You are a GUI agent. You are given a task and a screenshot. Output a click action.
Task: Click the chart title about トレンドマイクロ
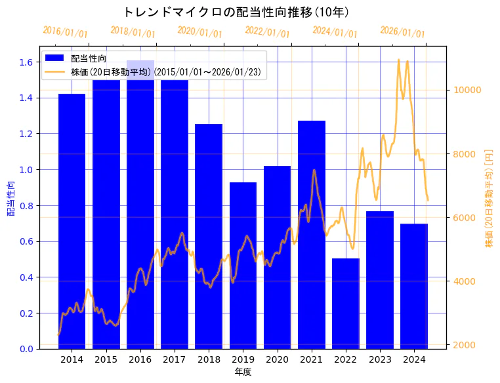tap(236, 12)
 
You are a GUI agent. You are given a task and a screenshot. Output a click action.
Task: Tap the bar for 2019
tap(243, 265)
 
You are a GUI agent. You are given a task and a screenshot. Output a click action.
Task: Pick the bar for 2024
tap(414, 286)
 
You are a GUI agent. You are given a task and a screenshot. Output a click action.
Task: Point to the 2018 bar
tap(209, 236)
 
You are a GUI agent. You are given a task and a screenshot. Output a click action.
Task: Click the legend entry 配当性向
tap(89, 58)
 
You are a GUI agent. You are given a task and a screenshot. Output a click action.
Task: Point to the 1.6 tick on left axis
tap(27, 62)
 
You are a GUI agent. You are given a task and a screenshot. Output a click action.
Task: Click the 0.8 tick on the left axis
tap(27, 206)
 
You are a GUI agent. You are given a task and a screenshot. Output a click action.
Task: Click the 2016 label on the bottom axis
tap(140, 359)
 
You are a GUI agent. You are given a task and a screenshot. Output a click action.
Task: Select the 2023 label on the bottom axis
tap(380, 359)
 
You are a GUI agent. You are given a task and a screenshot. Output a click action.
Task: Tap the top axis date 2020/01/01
tap(200, 32)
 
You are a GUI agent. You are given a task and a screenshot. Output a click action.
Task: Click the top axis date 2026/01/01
tap(402, 32)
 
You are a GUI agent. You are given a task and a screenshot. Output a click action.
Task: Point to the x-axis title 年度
tap(243, 372)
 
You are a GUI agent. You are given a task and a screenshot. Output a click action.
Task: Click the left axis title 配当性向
tap(10, 198)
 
